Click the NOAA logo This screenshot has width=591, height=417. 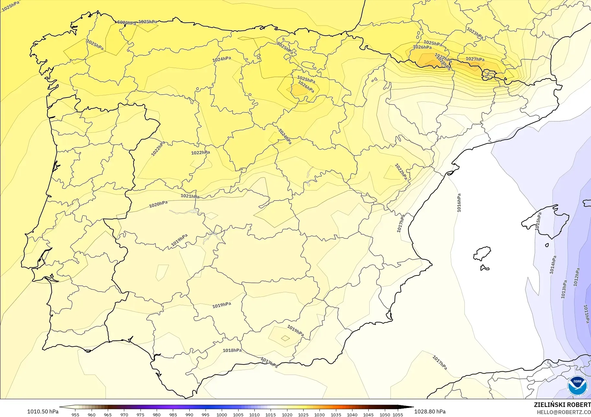[577, 386]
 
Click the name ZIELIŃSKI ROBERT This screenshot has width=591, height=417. [562, 405]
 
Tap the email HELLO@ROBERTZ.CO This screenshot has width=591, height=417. [564, 412]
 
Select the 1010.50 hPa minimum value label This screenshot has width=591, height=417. [43, 411]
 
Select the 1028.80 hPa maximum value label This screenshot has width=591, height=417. [430, 411]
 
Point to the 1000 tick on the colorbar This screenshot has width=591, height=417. [222, 414]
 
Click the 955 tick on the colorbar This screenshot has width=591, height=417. [75, 414]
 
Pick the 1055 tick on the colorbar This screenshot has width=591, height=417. [398, 414]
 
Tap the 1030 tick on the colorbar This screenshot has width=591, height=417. [319, 414]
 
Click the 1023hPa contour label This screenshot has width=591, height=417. [475, 33]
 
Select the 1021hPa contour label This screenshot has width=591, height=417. [190, 196]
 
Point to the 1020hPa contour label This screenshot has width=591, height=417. [158, 204]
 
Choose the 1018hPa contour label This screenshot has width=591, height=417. [232, 350]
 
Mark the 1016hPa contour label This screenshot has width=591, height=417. [459, 203]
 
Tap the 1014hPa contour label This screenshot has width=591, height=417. [553, 265]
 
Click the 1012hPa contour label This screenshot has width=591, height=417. [577, 277]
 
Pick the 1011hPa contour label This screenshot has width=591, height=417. [586, 314]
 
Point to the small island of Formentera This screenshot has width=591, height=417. [485, 268]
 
